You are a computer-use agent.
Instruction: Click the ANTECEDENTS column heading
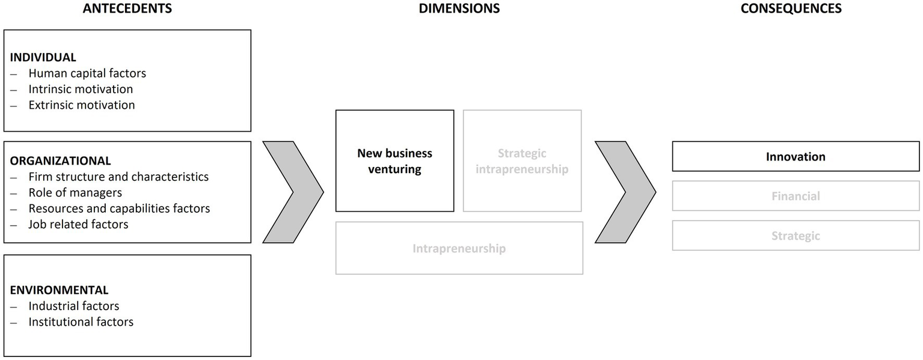(x=127, y=8)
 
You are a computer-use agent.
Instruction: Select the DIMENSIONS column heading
(x=459, y=8)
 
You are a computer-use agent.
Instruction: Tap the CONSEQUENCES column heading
(x=791, y=8)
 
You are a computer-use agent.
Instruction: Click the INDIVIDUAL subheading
(x=43, y=58)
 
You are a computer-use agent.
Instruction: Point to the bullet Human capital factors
(x=87, y=73)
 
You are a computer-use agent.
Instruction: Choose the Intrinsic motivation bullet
(x=81, y=89)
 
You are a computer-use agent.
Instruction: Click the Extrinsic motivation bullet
(x=82, y=105)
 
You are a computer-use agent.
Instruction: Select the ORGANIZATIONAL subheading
(x=60, y=161)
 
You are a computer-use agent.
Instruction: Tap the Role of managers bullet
(x=75, y=193)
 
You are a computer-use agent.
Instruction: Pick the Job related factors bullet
(x=78, y=224)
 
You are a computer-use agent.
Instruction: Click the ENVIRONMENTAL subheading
(x=59, y=290)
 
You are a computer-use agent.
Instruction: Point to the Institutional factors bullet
(x=81, y=322)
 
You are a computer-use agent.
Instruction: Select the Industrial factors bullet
(x=74, y=307)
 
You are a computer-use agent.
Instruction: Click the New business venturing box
(x=394, y=161)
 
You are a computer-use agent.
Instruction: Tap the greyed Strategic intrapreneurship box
(x=522, y=161)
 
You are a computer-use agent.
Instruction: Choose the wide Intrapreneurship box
(x=459, y=248)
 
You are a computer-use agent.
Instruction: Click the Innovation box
(x=796, y=157)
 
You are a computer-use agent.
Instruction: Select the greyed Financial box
(x=796, y=196)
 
